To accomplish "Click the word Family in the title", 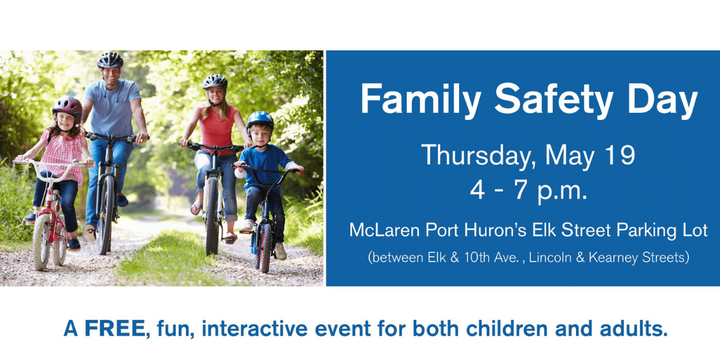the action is pos(421,99).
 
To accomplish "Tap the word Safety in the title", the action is pos(553,98).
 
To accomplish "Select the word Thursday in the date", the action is pos(476,155).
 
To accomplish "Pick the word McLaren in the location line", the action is pos(384,230).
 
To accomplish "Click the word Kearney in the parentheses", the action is pos(613,257).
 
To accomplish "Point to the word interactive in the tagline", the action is pos(254,329).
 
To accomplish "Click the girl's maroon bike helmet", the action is pos(67,107).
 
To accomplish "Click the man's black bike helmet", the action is pos(110,60).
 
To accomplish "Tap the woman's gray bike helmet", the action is pos(215,82).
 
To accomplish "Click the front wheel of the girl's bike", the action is pos(41,241).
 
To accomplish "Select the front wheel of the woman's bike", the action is pos(212,217).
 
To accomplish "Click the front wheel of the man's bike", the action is pos(106,215).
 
